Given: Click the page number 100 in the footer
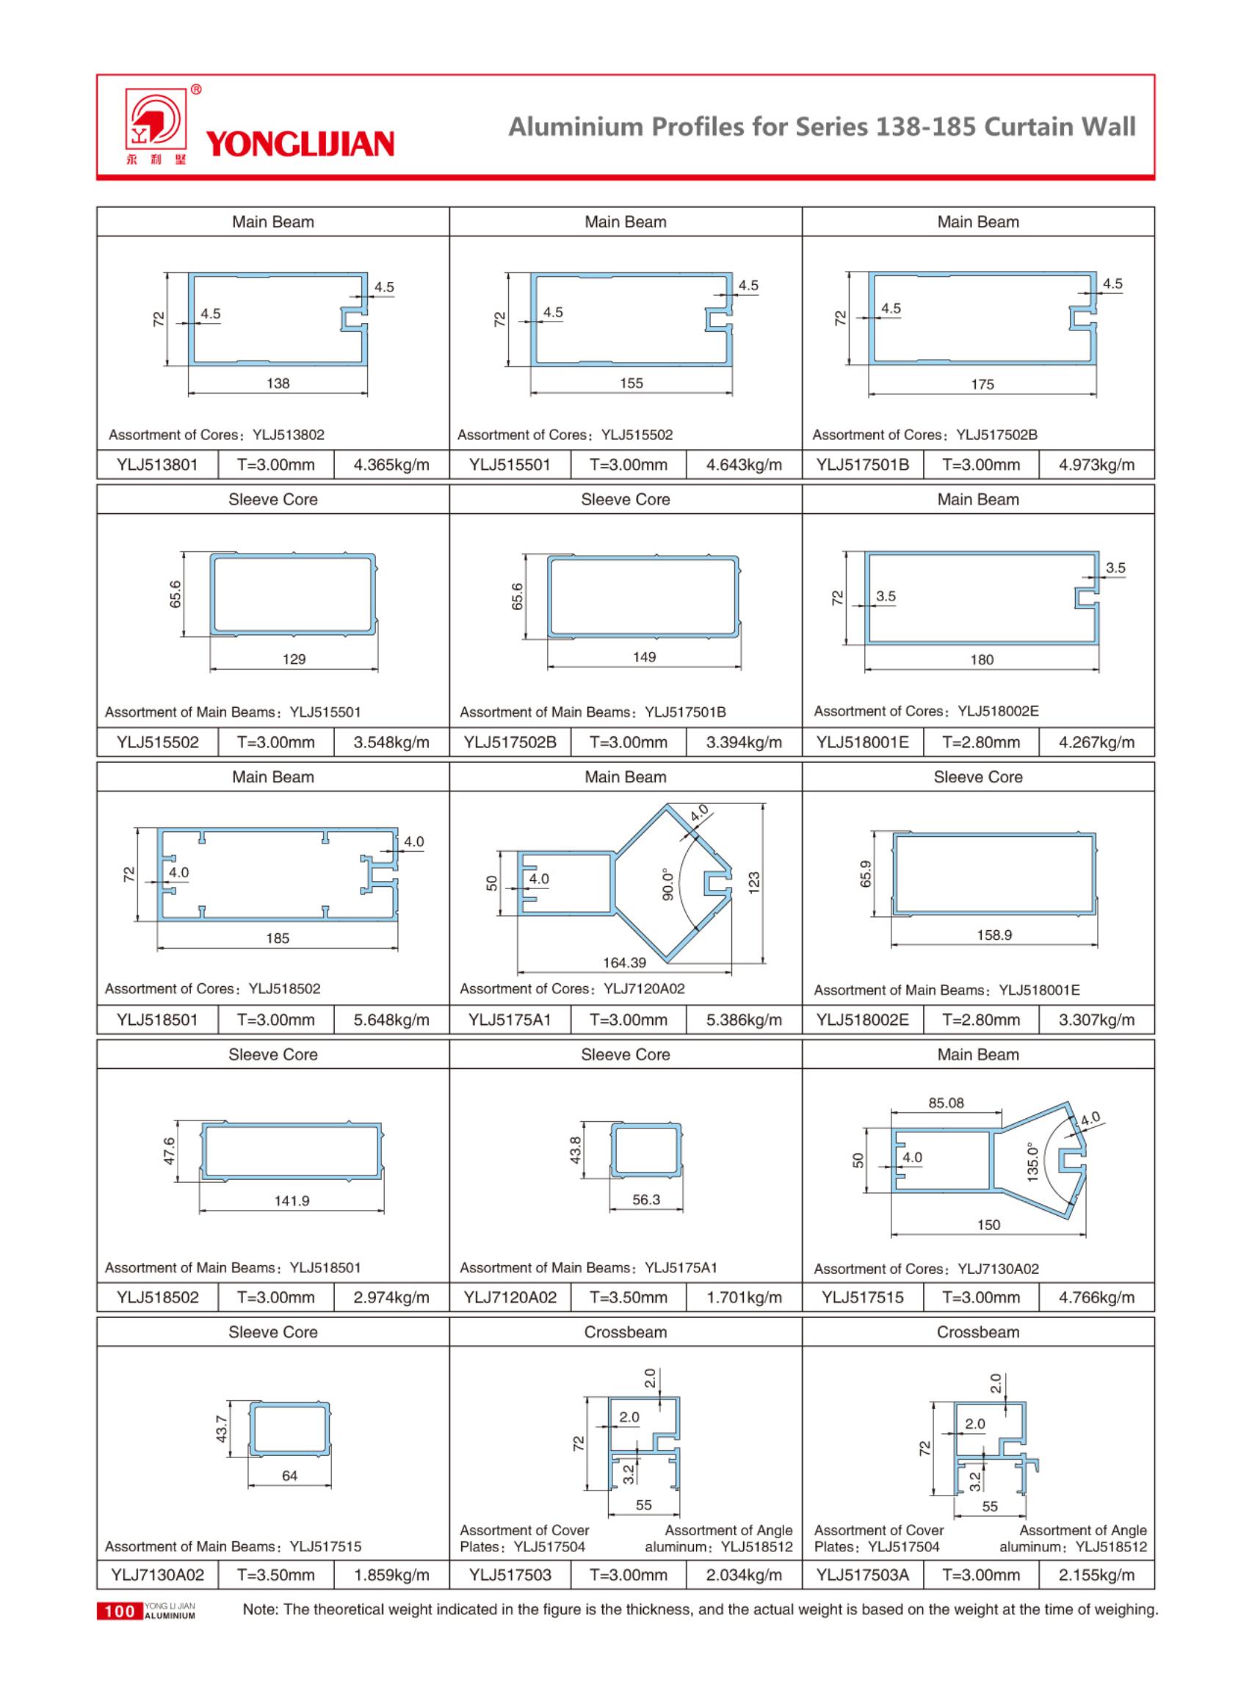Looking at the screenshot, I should tap(119, 1612).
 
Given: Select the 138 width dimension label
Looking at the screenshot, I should tap(278, 383).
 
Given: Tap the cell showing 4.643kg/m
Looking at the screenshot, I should tap(743, 465).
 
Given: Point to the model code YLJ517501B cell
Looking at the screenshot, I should tap(863, 465).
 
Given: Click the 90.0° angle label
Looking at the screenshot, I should tap(667, 884).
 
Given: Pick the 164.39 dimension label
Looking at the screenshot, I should tap(624, 963).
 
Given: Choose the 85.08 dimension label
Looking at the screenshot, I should tap(946, 1103).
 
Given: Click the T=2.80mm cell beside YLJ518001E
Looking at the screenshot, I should tap(981, 742).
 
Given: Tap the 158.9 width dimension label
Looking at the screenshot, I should tap(994, 935).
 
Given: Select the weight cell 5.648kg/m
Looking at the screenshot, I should tap(391, 1020).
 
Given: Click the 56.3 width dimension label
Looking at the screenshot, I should tap(645, 1200).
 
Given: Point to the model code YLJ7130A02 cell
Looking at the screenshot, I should tap(158, 1575).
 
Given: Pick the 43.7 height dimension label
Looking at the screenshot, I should tap(222, 1429).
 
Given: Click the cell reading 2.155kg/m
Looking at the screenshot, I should tap(1096, 1575).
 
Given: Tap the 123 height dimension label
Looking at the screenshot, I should tap(753, 883).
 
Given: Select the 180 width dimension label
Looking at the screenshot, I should tap(982, 660).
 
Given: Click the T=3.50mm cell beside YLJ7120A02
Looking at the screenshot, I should tap(629, 1298).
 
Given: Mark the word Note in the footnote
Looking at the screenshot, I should tap(258, 1610).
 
